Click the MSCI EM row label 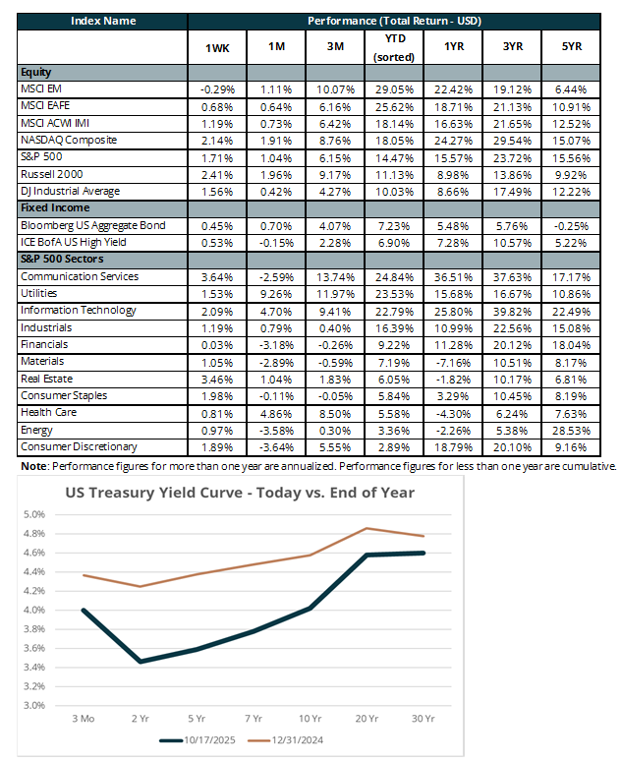point(40,89)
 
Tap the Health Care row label point(46,413)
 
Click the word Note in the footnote point(32,466)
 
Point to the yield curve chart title point(239,493)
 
